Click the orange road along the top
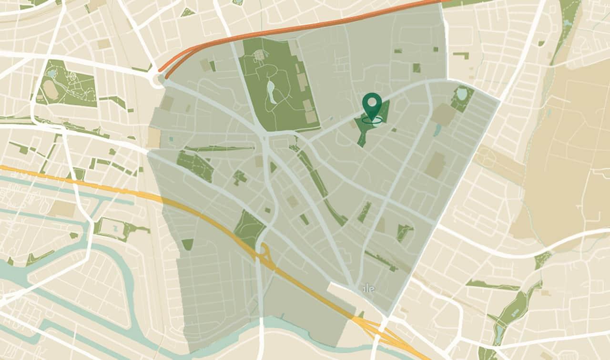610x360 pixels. [305, 26]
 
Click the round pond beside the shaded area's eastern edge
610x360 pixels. [462, 94]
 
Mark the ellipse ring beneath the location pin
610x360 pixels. [372, 120]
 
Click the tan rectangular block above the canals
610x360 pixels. [62, 208]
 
